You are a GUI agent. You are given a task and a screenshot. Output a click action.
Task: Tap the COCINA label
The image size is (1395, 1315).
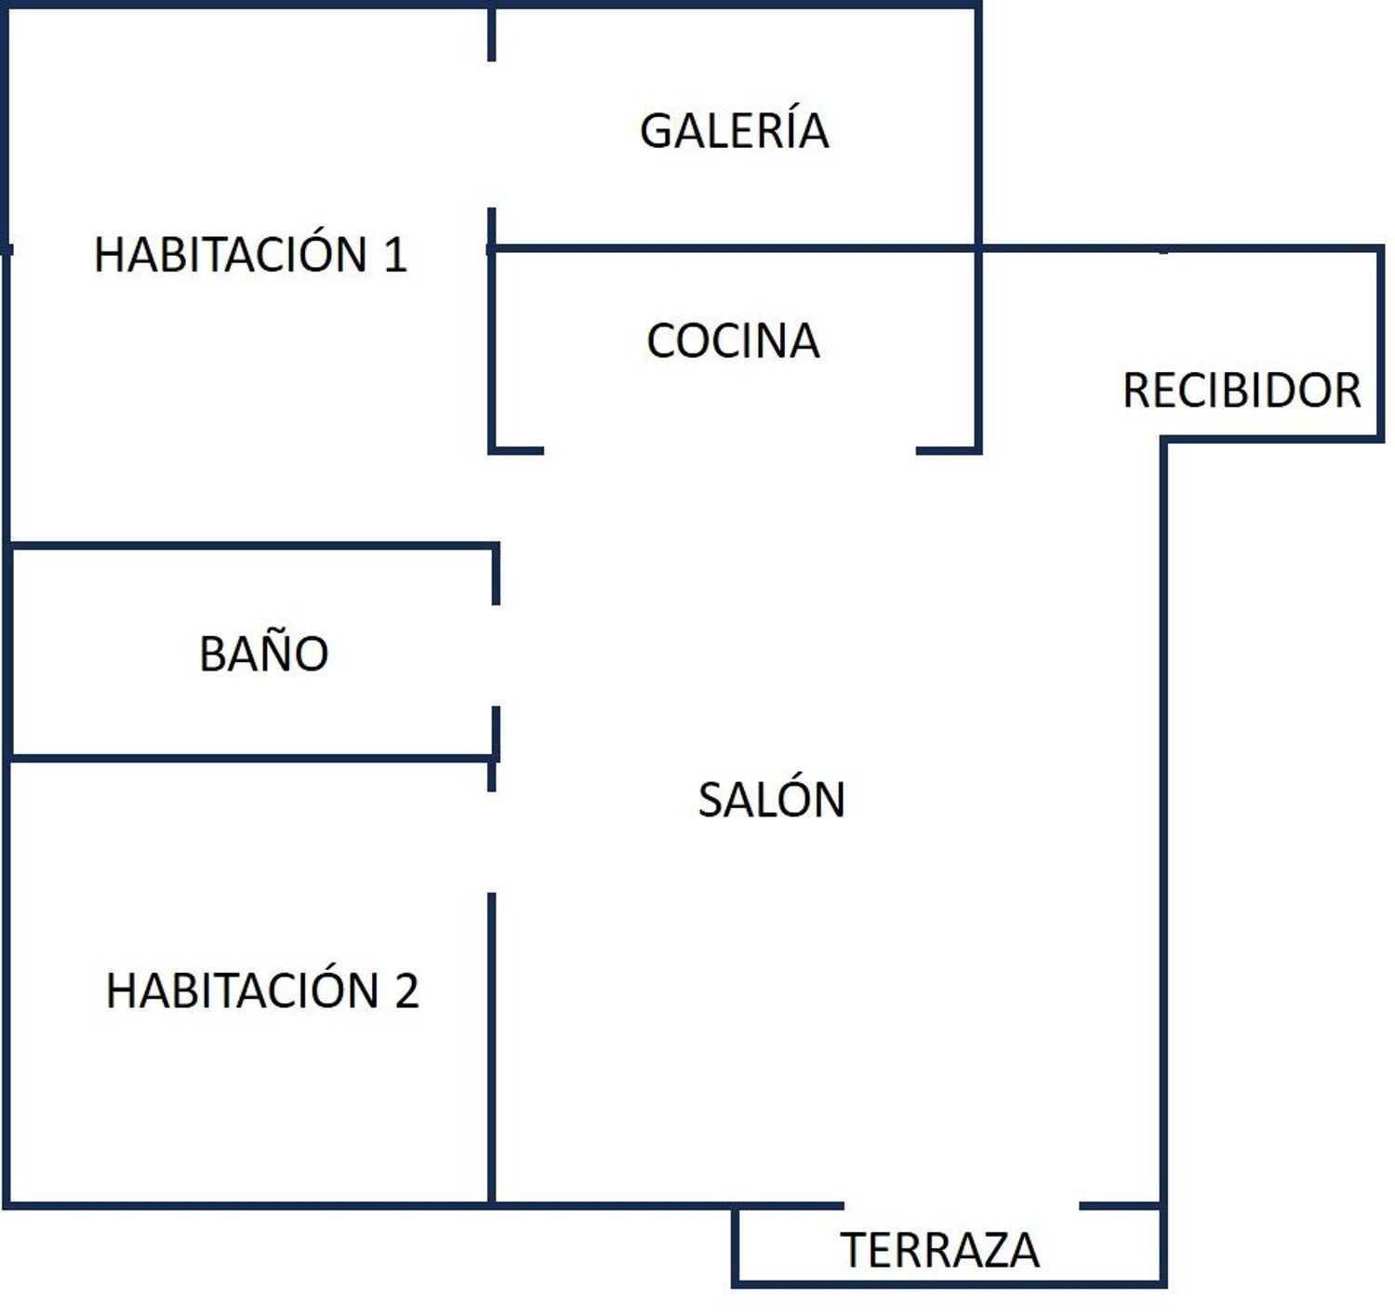733,341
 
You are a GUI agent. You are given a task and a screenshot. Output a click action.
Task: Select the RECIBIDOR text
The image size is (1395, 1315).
1242,391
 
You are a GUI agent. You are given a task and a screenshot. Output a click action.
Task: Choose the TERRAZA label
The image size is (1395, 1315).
940,1251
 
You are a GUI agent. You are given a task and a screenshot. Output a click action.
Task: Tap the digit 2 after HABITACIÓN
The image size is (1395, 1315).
406,990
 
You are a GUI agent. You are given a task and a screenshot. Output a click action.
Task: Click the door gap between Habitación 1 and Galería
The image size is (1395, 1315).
492,134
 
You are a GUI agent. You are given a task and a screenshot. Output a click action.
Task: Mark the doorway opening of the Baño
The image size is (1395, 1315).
496,656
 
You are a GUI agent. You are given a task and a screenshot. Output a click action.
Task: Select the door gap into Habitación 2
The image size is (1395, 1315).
492,843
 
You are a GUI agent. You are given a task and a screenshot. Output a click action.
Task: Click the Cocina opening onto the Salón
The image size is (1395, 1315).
730,450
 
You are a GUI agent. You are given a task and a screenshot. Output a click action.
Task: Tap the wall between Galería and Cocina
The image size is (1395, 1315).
733,248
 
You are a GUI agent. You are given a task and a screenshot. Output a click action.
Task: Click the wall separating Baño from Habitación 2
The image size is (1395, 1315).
251,758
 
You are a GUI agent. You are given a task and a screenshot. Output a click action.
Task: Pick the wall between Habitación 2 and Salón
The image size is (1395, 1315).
492,1049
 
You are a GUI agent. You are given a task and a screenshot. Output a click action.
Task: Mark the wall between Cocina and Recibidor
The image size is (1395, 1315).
977,349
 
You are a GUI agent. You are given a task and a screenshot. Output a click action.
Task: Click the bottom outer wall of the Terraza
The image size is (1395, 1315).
949,1284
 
